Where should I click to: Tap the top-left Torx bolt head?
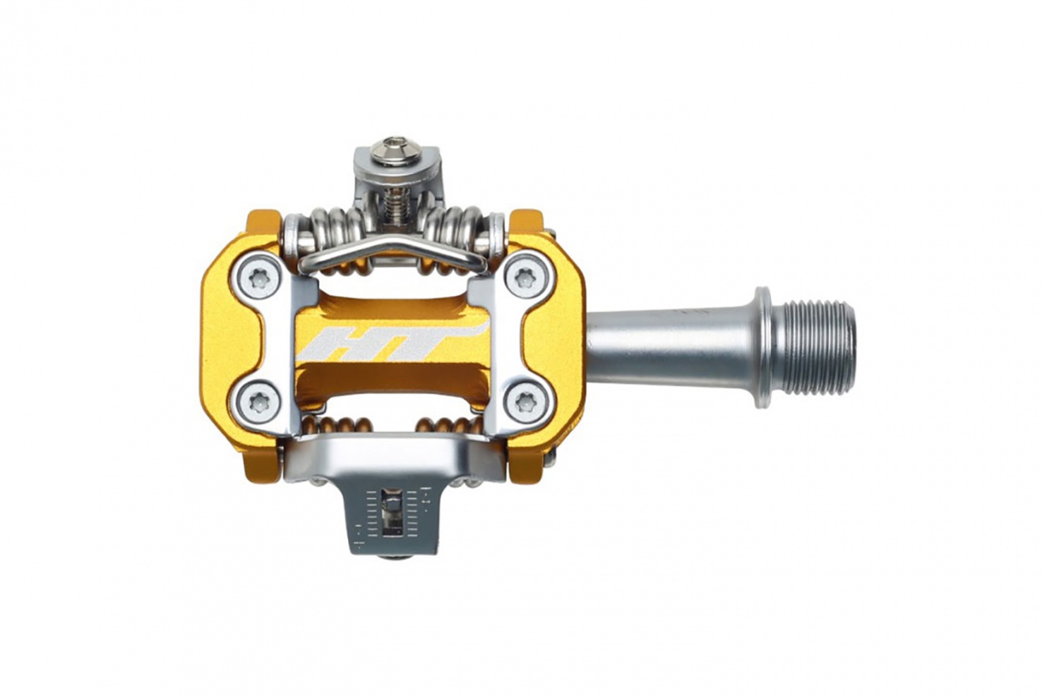pyautogui.click(x=258, y=278)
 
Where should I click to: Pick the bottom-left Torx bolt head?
pyautogui.click(x=258, y=401)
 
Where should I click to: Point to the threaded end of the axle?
pyautogui.click(x=815, y=347)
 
